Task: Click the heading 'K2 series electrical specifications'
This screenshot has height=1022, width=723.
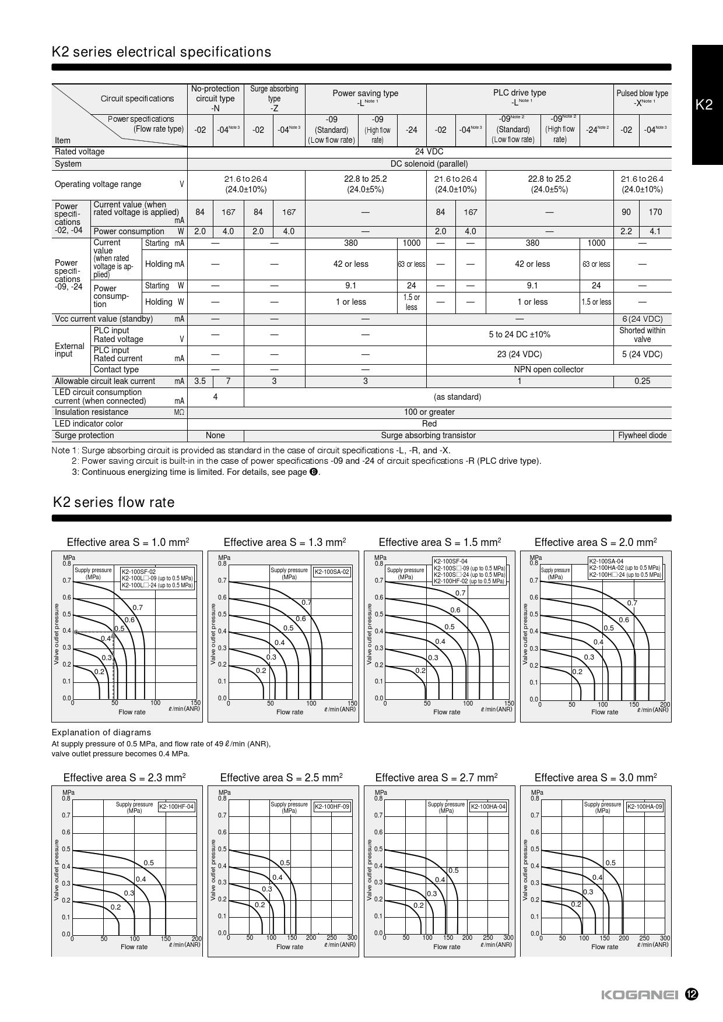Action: [x=162, y=52]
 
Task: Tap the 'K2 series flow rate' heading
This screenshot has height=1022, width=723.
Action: [x=113, y=502]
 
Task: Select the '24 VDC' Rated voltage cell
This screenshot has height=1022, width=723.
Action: [x=429, y=151]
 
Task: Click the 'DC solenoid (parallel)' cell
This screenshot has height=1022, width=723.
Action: [x=429, y=164]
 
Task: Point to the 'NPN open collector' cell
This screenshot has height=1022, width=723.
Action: [x=548, y=369]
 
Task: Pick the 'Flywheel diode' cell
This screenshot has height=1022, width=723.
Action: [x=642, y=435]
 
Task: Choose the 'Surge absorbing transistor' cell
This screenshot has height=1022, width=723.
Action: [x=428, y=435]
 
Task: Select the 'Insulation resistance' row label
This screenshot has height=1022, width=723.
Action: [x=92, y=412]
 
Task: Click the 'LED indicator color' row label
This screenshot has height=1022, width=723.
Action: [x=89, y=424]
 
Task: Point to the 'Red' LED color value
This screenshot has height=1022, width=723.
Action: [x=429, y=424]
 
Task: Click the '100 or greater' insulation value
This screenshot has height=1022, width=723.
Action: [x=429, y=412]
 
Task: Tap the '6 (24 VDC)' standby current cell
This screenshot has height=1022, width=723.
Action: [x=642, y=319]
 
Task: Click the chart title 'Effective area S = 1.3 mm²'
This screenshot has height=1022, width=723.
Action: [x=285, y=542]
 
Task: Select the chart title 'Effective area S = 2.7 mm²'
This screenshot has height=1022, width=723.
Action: [x=436, y=777]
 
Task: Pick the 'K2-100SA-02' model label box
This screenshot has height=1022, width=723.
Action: [x=332, y=572]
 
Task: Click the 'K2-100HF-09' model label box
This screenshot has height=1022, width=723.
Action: [x=332, y=807]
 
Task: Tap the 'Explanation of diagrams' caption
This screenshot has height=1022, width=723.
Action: [x=101, y=732]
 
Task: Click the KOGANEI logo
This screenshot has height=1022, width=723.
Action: [x=639, y=995]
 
